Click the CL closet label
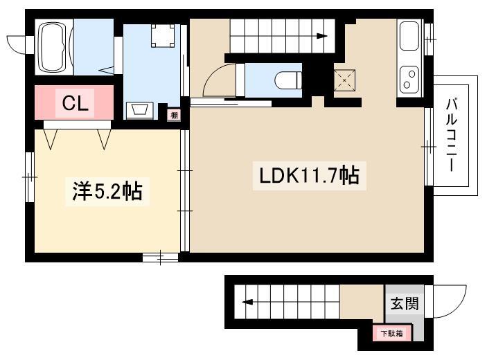click(x=75, y=103)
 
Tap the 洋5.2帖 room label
click(x=107, y=192)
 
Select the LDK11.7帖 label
click(x=310, y=175)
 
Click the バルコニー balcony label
click(x=451, y=134)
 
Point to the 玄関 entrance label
click(x=405, y=303)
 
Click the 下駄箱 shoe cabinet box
click(x=392, y=333)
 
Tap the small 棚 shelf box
click(x=174, y=116)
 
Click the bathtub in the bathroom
click(x=54, y=46)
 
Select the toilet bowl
click(x=288, y=80)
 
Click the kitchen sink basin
click(x=409, y=36)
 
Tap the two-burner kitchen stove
click(x=409, y=79)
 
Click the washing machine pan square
click(x=163, y=36)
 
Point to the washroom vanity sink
click(x=139, y=110)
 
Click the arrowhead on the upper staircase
click(x=322, y=36)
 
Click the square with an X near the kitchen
click(x=344, y=80)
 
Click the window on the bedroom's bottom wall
click(x=160, y=258)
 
